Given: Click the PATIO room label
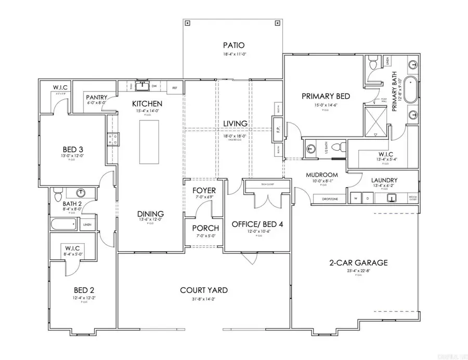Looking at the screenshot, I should tap(233, 45).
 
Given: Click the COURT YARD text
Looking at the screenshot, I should tap(203, 290).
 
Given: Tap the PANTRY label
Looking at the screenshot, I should tap(97, 97).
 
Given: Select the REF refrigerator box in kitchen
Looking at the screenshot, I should tap(175, 87).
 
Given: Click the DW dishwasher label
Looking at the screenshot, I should tap(154, 86).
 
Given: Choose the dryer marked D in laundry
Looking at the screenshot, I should tap(368, 198).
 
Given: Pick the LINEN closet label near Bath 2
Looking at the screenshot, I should tap(87, 224).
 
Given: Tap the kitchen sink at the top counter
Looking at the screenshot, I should tap(141, 86).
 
